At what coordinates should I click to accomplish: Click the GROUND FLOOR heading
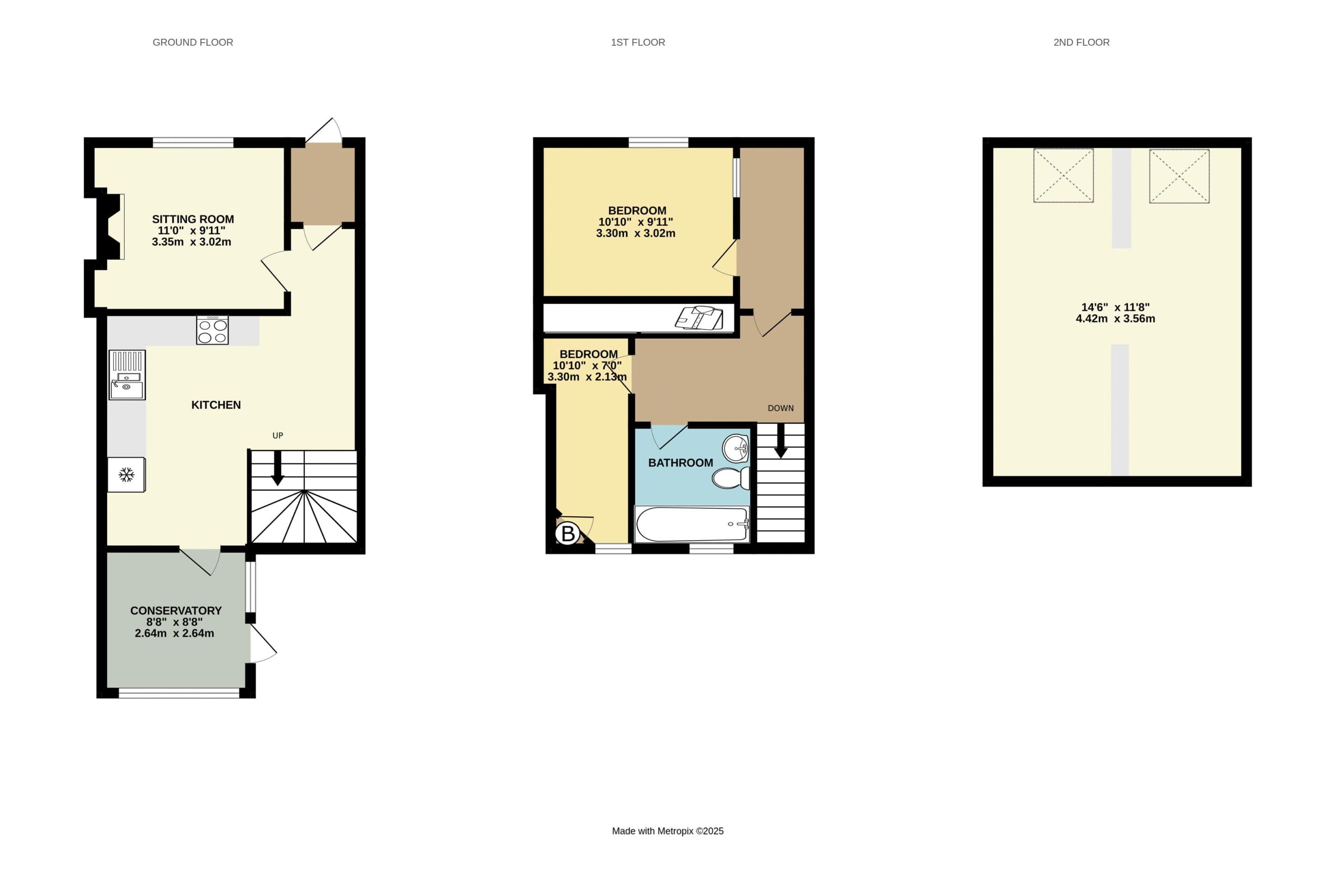click(193, 43)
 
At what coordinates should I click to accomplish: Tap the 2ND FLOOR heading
click(1081, 43)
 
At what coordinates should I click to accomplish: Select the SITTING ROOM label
click(193, 219)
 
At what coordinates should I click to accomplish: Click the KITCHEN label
click(216, 405)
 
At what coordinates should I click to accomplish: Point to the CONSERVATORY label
click(176, 611)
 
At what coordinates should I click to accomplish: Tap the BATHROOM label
click(681, 463)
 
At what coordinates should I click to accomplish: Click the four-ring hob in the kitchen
click(213, 330)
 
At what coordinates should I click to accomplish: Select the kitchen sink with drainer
click(127, 375)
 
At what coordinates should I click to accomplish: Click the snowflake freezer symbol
click(126, 475)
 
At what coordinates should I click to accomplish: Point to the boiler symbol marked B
click(567, 533)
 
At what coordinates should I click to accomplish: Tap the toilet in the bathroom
click(731, 478)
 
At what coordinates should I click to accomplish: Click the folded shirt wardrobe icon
click(699, 318)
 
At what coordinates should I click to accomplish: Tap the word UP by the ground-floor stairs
click(278, 435)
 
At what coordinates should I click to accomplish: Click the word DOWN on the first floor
click(780, 408)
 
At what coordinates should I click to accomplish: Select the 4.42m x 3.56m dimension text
click(1115, 319)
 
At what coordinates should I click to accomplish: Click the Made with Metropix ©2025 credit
click(668, 831)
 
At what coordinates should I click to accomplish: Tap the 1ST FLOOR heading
click(638, 43)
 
